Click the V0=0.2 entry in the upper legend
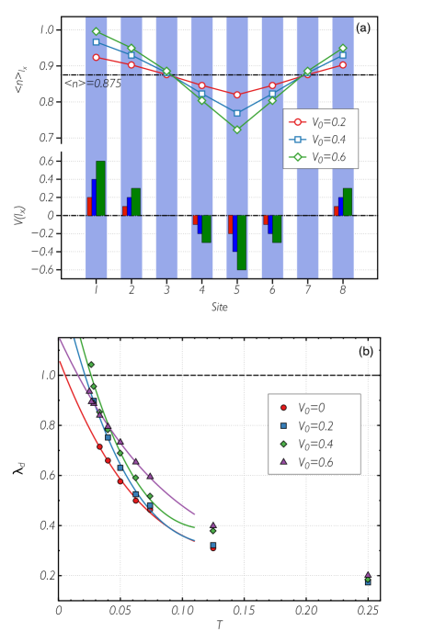(x=319, y=122)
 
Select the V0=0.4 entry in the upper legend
(x=319, y=140)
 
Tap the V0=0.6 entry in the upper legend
(x=319, y=157)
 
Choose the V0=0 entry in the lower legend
(x=311, y=408)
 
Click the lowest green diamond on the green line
(x=236, y=130)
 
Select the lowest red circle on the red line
(x=236, y=95)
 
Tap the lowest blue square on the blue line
(x=236, y=113)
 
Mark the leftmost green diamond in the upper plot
(x=96, y=31)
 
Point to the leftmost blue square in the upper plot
(x=96, y=42)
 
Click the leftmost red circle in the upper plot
(x=96, y=57)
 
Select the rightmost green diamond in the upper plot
(x=343, y=48)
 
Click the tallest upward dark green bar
(x=100, y=188)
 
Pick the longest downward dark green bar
(x=242, y=243)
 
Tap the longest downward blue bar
(x=234, y=233)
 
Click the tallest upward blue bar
(x=94, y=197)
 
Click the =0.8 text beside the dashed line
(x=97, y=84)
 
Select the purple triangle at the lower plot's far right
(x=368, y=575)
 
